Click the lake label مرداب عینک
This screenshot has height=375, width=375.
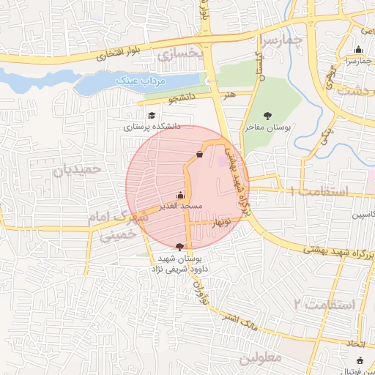165,80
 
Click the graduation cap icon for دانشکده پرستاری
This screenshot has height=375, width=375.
152,116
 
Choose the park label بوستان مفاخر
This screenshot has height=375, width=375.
267,127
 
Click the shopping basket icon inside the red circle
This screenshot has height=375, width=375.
200,154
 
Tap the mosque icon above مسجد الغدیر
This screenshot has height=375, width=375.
180,196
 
